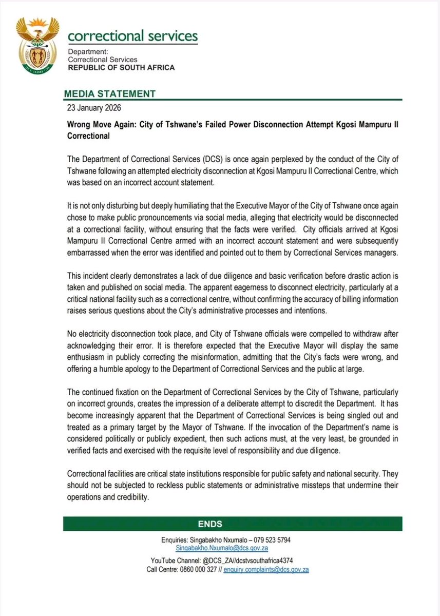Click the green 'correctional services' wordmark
(132, 36)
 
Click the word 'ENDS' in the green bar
(209, 524)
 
